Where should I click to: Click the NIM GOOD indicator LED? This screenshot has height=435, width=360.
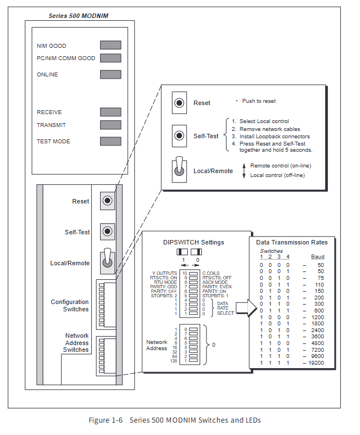(110, 45)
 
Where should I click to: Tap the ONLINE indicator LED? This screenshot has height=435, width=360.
(110, 74)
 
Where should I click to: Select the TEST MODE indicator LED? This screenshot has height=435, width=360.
(110, 141)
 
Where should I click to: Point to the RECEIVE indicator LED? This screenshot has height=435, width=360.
(110, 112)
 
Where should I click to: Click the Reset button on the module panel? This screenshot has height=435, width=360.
(107, 201)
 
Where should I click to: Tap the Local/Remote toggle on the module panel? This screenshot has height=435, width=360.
(107, 261)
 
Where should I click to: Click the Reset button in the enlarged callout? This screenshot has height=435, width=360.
(179, 103)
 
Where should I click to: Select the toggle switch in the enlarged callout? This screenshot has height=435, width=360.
(179, 169)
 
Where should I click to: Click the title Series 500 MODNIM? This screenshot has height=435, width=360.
(79, 16)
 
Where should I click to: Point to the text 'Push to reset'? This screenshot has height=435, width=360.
(259, 101)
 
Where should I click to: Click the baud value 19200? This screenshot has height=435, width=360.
(316, 363)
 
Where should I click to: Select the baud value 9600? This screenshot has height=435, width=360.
(318, 356)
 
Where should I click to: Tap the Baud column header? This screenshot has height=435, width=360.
(318, 257)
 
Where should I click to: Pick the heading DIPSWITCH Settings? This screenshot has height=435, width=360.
(193, 242)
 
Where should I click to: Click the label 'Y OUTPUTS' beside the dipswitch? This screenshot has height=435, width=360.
(164, 273)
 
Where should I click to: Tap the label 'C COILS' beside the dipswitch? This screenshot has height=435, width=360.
(211, 273)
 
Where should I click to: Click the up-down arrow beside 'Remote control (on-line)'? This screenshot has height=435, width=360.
(244, 171)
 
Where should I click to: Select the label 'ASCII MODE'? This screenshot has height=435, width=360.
(215, 282)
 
